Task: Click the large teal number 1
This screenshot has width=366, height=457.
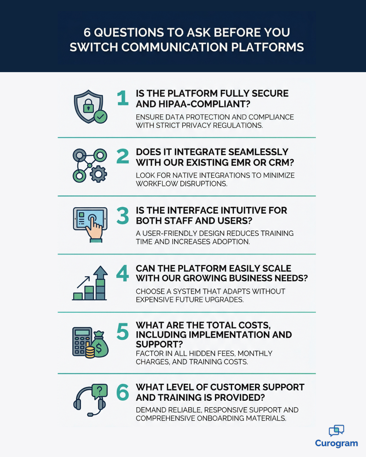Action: click(123, 98)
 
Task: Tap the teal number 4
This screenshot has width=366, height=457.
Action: click(122, 273)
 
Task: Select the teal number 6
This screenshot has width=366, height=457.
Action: click(123, 392)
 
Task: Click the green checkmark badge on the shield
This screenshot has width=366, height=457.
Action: click(101, 116)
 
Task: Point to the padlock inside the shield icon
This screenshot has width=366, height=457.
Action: click(88, 106)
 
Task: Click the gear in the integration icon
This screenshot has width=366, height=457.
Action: click(98, 174)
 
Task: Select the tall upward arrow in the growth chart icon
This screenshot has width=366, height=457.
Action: click(101, 282)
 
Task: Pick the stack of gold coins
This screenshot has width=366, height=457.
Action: click(90, 352)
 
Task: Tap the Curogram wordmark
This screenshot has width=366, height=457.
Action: click(337, 444)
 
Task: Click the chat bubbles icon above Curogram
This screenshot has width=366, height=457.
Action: click(337, 431)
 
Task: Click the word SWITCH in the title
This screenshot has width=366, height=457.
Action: click(94, 47)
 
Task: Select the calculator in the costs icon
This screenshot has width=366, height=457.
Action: click(82, 342)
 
